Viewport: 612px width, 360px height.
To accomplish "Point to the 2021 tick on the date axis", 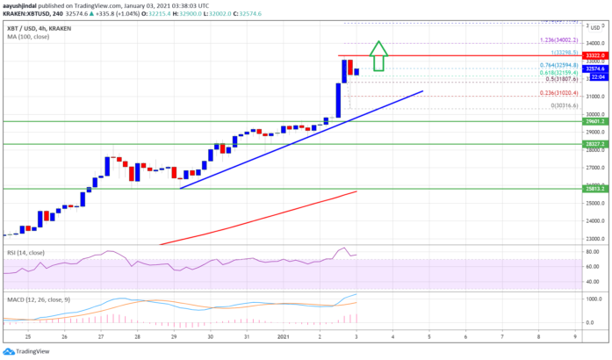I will tap(284, 335).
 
